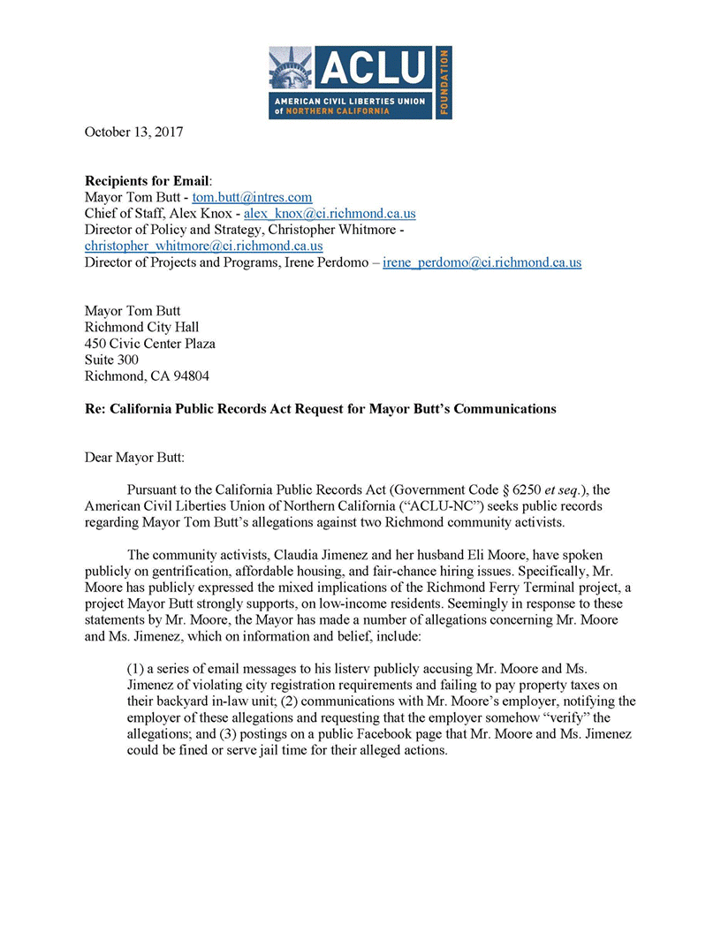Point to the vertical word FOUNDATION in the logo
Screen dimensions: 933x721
click(444, 82)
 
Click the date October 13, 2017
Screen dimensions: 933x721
click(133, 132)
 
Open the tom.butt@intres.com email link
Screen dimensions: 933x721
click(252, 198)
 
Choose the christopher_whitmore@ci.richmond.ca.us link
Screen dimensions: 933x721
click(203, 246)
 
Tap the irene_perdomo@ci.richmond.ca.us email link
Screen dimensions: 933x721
click(482, 262)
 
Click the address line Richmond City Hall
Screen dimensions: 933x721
click(141, 327)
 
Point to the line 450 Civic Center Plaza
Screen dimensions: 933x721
click(149, 344)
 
